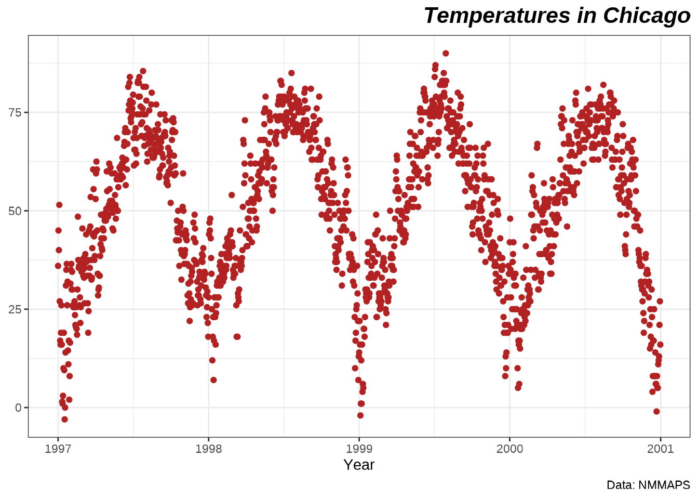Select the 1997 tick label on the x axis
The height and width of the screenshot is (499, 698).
58,449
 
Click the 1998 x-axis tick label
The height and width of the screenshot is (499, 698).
209,449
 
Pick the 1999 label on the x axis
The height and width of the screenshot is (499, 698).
359,449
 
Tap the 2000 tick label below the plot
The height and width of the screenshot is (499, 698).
510,449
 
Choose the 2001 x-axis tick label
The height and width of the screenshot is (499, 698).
661,449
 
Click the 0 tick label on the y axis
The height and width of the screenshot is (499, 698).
19,408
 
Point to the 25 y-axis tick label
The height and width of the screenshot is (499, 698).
15,309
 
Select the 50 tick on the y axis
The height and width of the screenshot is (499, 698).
15,211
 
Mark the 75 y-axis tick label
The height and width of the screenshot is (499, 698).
15,113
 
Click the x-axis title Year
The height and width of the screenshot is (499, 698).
359,465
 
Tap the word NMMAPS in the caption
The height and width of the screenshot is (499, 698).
664,485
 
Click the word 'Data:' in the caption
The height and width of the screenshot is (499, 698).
621,485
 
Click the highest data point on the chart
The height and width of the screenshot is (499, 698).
446,54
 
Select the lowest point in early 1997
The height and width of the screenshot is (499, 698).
64,419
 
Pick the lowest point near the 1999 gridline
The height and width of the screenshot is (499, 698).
360,415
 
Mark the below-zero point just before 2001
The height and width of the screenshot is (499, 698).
656,412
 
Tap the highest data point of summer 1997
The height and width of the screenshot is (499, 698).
143,71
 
